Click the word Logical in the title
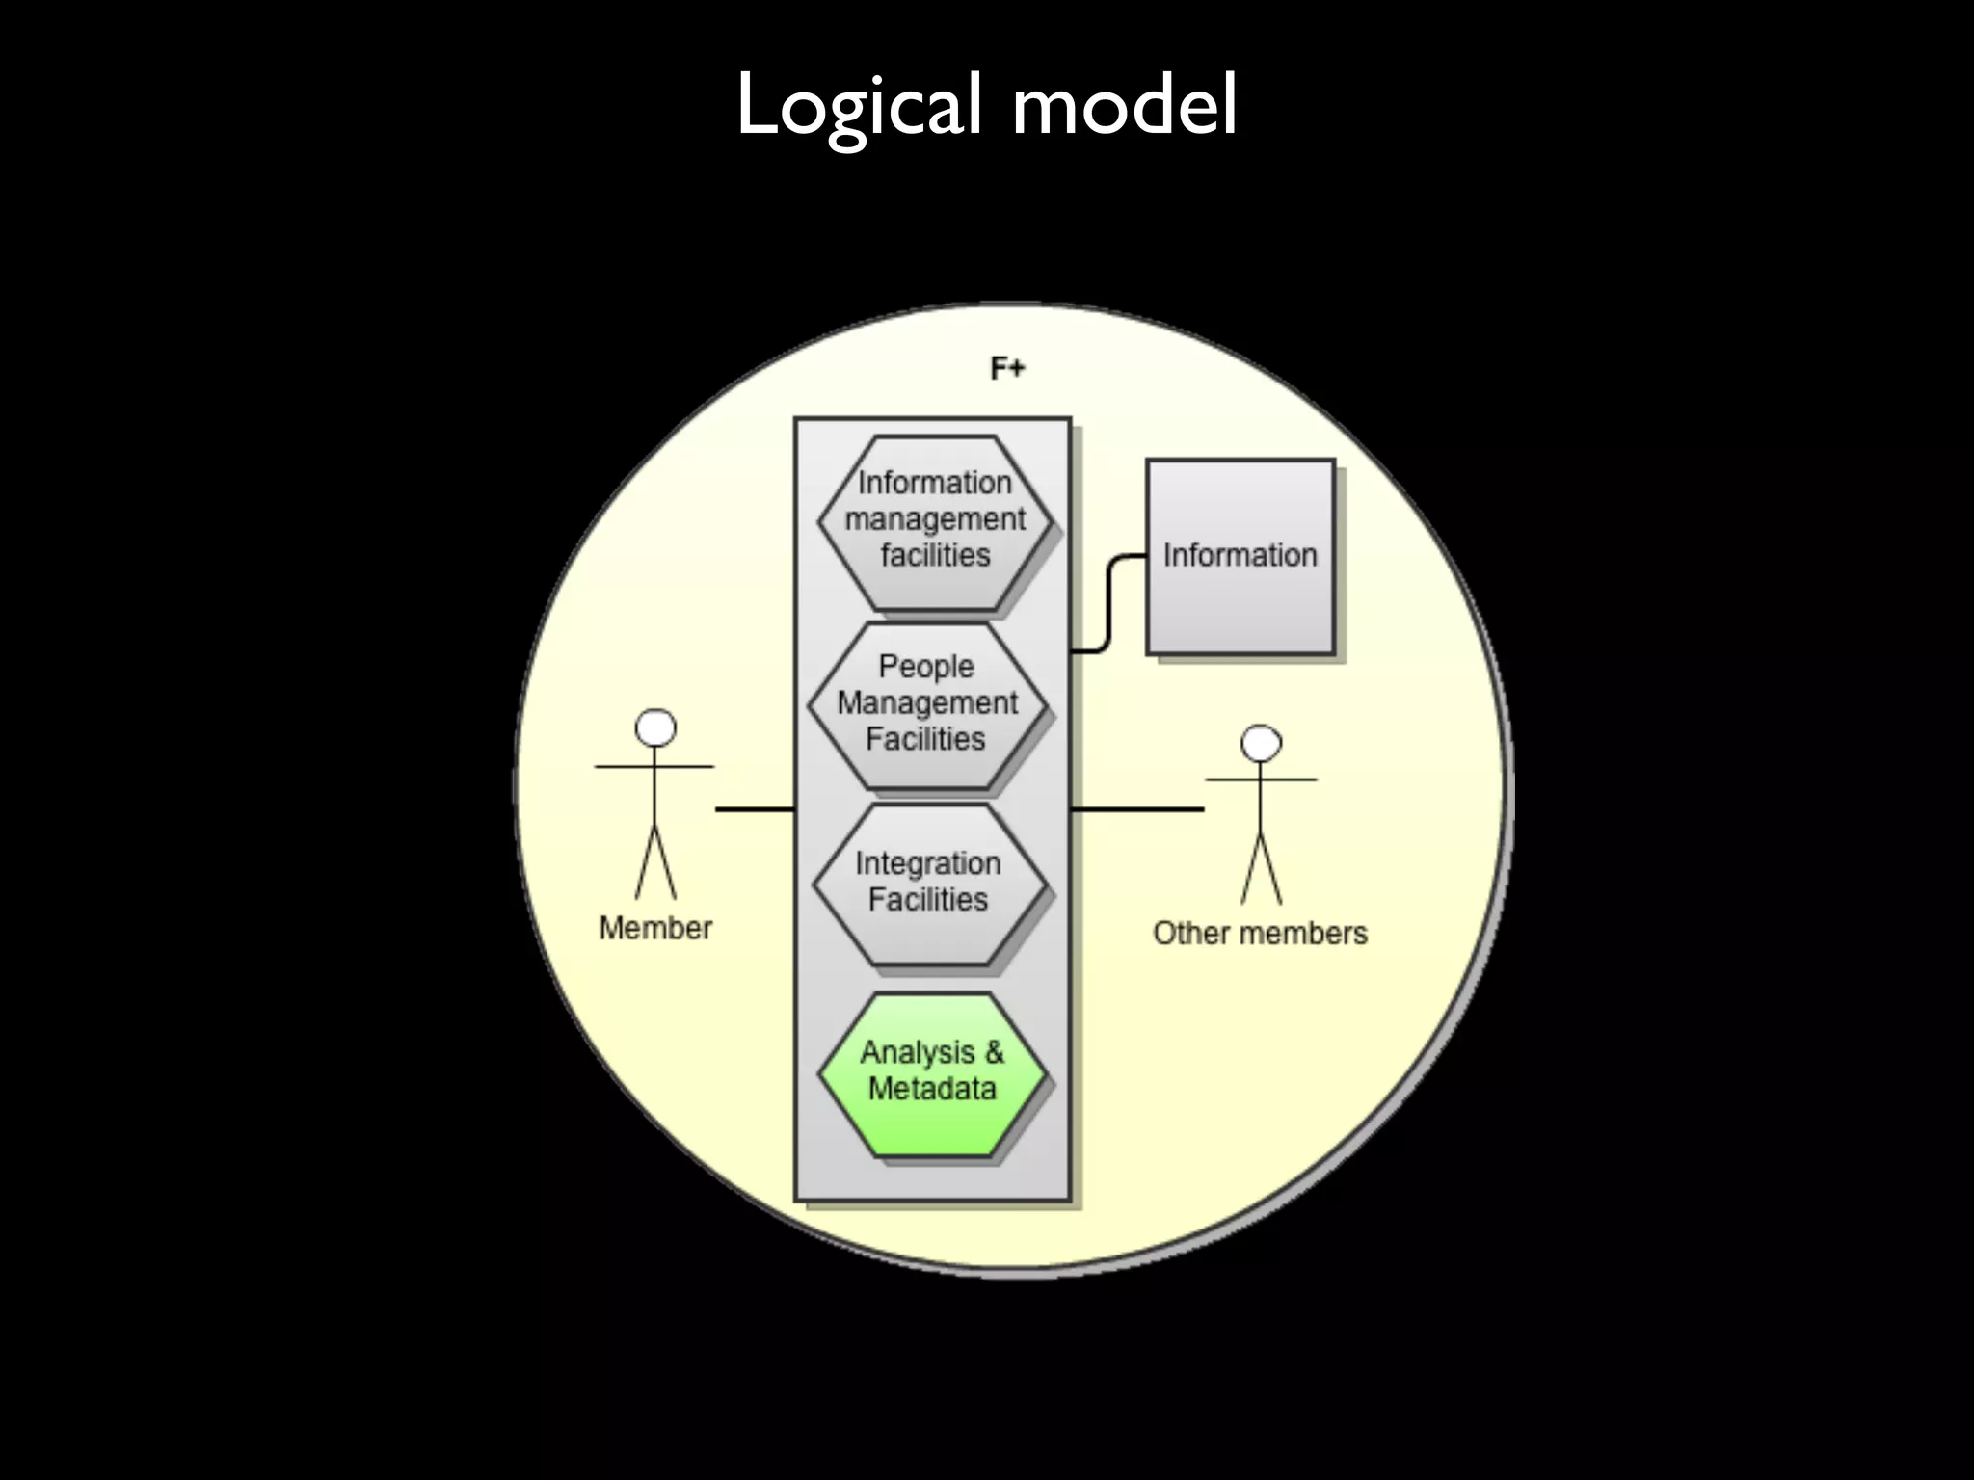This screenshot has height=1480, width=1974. pos(858,106)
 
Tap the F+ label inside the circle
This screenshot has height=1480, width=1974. pos(1007,368)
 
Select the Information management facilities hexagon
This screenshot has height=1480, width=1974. pos(934,521)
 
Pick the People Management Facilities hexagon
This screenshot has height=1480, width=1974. pos(926,704)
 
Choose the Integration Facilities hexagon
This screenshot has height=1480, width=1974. pos(928,883)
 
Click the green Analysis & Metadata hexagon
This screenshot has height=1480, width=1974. pos(931,1072)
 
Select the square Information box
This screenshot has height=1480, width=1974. pos(1240,557)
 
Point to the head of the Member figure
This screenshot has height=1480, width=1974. pos(655,729)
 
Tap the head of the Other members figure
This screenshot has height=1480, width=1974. pos(1261,744)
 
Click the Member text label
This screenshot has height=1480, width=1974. pos(655,928)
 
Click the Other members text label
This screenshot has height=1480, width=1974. pos(1260,933)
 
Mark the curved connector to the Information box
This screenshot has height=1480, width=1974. pos(1109,602)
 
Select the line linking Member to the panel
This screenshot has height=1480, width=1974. pos(754,809)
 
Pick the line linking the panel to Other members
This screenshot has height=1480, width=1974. pos(1137,809)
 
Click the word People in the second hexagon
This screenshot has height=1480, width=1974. pos(925,667)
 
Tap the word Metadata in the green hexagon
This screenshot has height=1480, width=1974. pos(931,1090)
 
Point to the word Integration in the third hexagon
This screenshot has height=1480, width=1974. pos(927,864)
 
